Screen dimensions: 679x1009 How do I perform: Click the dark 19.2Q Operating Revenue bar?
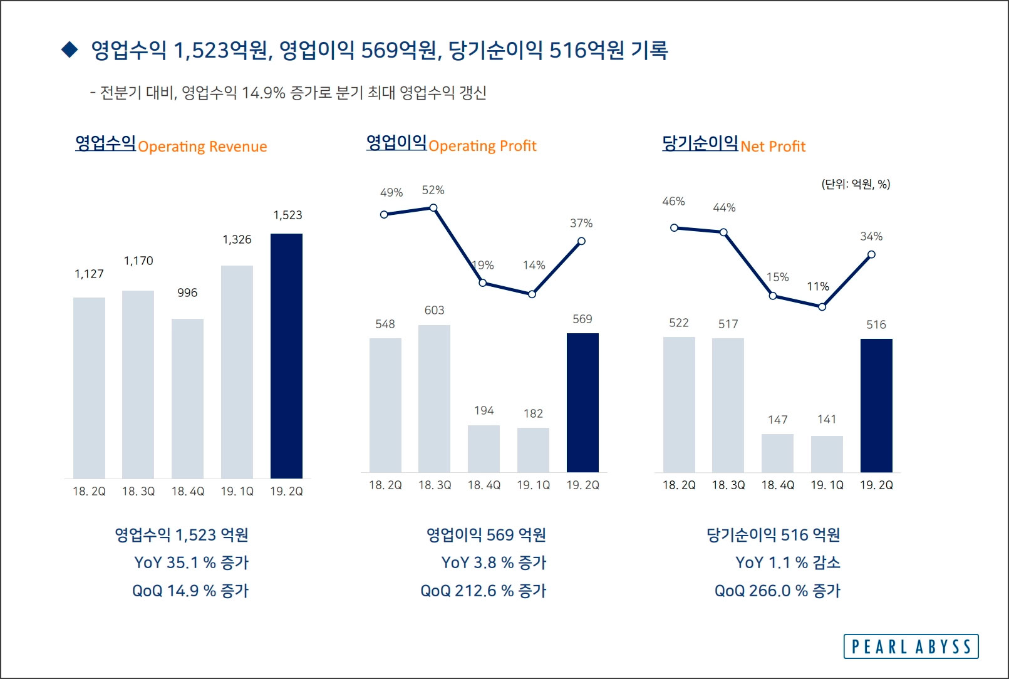[x=286, y=356]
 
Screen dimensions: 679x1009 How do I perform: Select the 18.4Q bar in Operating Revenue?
[x=187, y=398]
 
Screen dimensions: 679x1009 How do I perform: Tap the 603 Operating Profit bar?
[x=434, y=398]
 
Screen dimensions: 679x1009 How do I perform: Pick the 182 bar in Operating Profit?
[x=533, y=450]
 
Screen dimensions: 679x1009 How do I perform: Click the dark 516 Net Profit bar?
[x=876, y=405]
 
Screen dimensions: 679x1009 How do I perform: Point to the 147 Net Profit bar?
[x=777, y=453]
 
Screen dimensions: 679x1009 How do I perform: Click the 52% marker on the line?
[x=433, y=207]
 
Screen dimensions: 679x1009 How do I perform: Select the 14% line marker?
[x=532, y=294]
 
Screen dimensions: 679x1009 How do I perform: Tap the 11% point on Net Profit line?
[x=822, y=307]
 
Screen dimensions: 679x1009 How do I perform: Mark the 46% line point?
[x=674, y=227]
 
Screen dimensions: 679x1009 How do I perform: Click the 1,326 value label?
[x=237, y=239]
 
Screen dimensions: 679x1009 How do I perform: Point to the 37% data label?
[x=581, y=223]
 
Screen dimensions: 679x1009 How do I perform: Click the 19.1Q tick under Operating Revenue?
[x=237, y=492]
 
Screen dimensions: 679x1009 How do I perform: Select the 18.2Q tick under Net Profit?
[x=679, y=485]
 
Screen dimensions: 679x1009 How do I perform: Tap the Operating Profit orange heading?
[x=482, y=146]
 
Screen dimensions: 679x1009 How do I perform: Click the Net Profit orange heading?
[x=773, y=147]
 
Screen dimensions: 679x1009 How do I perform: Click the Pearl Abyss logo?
[x=911, y=646]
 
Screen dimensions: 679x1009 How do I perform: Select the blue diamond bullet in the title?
[x=70, y=49]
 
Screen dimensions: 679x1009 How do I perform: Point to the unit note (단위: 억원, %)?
[x=856, y=184]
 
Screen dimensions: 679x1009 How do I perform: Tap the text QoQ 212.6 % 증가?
[x=483, y=591]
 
